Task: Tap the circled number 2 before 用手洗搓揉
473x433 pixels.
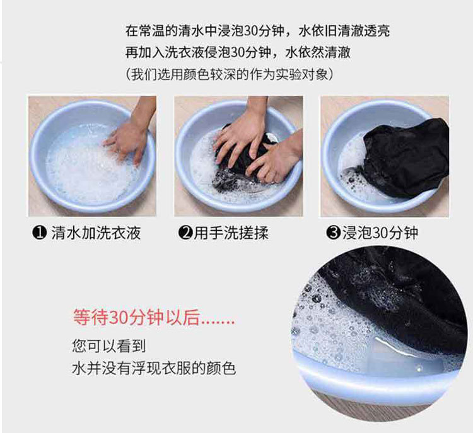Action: [185, 233]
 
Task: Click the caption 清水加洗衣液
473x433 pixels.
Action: [96, 233]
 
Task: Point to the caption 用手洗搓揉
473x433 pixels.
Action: [231, 233]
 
